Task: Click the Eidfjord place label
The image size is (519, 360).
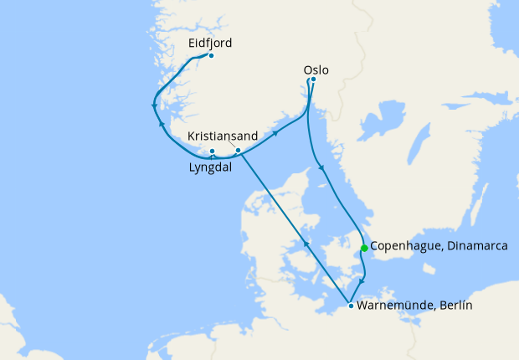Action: [209, 43]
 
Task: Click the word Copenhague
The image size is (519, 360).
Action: [404, 248]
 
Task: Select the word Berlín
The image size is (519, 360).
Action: [453, 306]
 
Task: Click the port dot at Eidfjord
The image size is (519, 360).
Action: [211, 56]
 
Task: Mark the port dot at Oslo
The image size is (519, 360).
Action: [312, 80]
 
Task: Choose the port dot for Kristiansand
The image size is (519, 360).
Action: [238, 151]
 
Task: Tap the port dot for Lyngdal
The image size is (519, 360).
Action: [213, 152]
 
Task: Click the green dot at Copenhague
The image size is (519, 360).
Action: [364, 248]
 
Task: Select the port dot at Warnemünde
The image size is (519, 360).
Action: [350, 306]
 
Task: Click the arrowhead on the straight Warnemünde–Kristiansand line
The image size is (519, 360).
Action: [307, 244]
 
